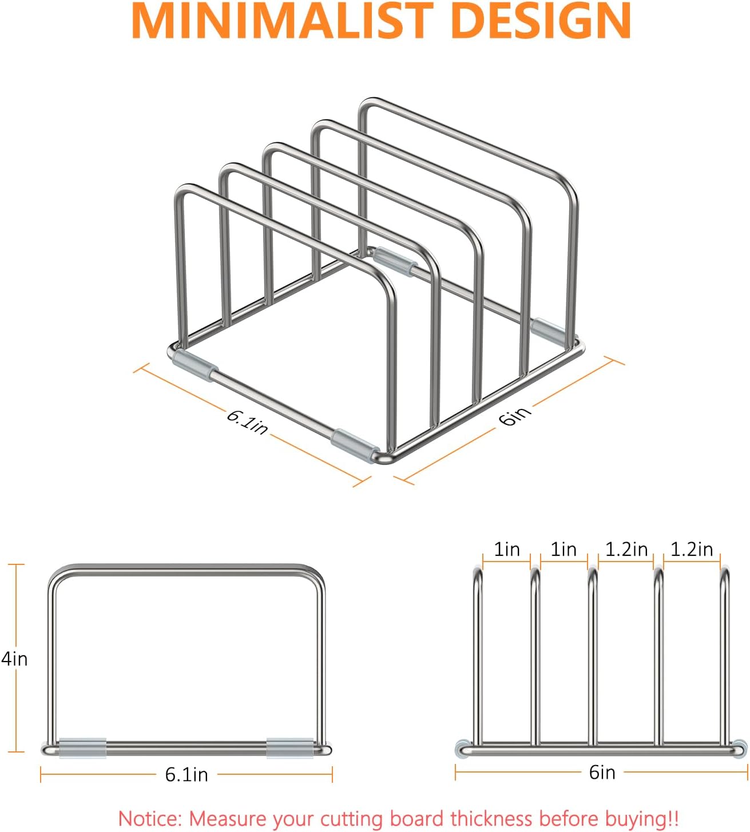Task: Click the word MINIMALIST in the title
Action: click(285, 21)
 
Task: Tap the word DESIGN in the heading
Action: click(541, 21)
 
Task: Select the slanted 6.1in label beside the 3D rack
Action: click(247, 422)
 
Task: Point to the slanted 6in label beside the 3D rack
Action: click(515, 416)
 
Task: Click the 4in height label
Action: click(14, 659)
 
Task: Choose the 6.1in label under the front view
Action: click(186, 774)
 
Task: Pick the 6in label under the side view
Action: click(602, 773)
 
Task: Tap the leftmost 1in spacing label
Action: click(507, 550)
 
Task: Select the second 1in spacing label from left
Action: click(564, 550)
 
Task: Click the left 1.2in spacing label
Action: click(626, 550)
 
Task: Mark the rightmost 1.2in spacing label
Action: click(692, 550)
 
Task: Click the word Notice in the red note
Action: click(150, 818)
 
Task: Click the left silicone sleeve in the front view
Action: click(82, 748)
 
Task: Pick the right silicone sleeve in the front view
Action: click(290, 748)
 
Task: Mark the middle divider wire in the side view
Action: click(592, 658)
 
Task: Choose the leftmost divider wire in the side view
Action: click(477, 658)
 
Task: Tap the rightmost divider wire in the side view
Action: click(724, 658)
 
